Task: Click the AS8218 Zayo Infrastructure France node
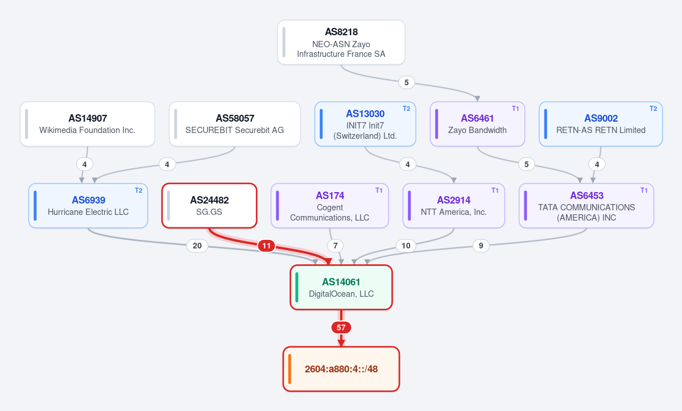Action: [x=341, y=43]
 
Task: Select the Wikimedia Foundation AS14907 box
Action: [x=88, y=124]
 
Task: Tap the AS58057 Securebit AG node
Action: [x=234, y=124]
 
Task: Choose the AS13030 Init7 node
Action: [x=365, y=124]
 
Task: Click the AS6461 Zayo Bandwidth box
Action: [x=477, y=124]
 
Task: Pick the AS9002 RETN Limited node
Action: [x=601, y=124]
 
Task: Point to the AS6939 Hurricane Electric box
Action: [x=88, y=206]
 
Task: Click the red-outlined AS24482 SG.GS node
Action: [x=209, y=206]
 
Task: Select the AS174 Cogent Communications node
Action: [x=330, y=206]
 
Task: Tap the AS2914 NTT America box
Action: [x=454, y=206]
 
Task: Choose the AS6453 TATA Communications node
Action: [x=586, y=206]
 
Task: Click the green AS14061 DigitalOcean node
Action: [x=341, y=287]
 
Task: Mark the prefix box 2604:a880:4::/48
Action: [x=341, y=369]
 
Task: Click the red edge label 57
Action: [x=341, y=327]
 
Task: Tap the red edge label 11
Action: [x=266, y=246]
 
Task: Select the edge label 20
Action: [x=197, y=246]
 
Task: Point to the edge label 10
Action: [x=406, y=246]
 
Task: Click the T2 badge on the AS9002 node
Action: [x=654, y=109]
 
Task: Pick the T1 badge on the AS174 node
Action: [x=379, y=190]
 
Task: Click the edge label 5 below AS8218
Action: [x=406, y=82]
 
